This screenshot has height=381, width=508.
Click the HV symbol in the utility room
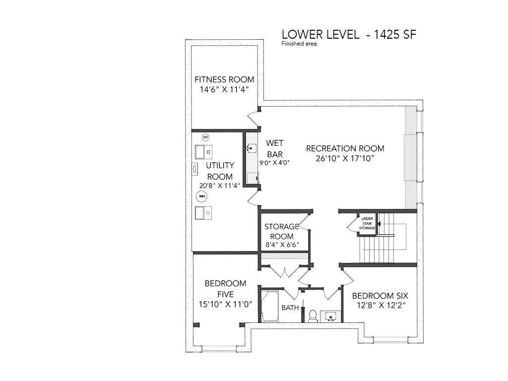205,137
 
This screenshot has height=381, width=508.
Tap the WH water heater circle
202,196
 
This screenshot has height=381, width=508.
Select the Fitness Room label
224,79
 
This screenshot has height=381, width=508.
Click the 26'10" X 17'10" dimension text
345,158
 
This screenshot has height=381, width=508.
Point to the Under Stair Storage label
367,223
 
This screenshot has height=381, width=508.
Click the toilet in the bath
313,316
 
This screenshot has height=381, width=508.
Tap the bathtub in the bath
270,306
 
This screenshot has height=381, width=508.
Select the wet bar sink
252,148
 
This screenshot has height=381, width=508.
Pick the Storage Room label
282,231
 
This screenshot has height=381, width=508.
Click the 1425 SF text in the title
395,34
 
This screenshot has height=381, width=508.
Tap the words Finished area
299,44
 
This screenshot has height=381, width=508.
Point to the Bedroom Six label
380,296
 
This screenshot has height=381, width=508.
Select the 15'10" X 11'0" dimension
226,304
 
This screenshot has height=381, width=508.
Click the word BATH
290,308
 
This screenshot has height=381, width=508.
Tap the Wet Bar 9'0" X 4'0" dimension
274,163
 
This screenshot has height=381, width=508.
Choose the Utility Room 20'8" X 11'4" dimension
220,186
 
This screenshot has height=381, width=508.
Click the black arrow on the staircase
379,224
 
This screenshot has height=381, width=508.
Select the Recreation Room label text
345,148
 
